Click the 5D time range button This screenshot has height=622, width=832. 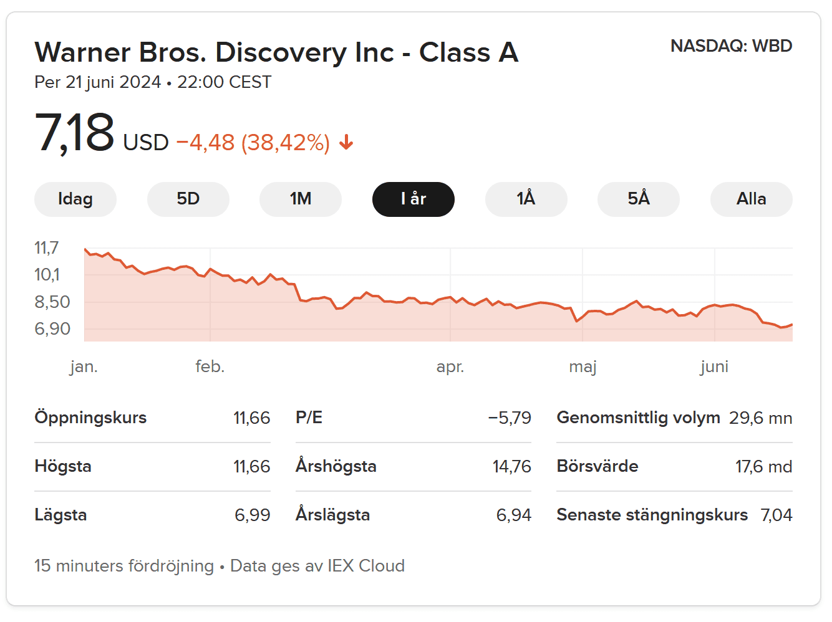[188, 199]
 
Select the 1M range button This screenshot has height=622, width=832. [301, 199]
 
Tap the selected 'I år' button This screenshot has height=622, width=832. [413, 199]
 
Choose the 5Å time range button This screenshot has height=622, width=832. [638, 199]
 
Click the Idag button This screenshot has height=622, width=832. [75, 199]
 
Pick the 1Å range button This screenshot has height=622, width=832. [526, 199]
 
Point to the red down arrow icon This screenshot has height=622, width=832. [346, 143]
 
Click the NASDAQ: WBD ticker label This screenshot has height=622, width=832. [731, 46]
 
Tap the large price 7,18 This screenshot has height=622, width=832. [75, 133]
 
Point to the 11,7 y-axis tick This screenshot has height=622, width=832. [46, 248]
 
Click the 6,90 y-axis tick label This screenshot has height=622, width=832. [52, 328]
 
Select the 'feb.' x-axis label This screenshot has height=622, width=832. [210, 366]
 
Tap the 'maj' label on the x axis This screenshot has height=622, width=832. [583, 366]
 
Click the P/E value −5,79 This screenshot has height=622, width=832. [510, 418]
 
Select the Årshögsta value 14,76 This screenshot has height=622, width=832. [511, 466]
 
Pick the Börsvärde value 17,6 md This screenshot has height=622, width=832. [763, 466]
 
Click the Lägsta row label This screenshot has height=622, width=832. [60, 515]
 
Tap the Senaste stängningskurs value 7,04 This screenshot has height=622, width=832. [776, 515]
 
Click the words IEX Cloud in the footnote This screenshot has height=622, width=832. [366, 565]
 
